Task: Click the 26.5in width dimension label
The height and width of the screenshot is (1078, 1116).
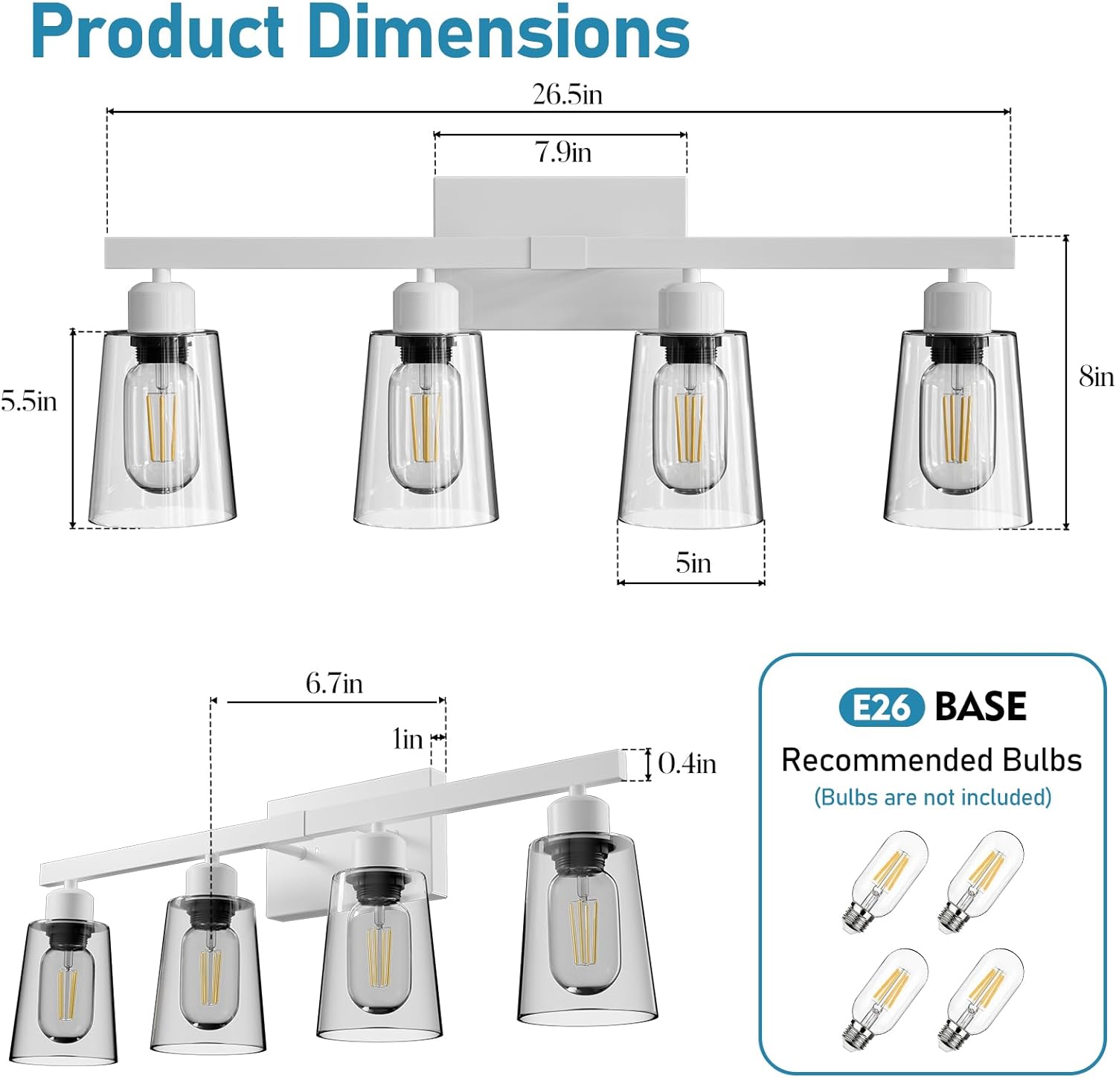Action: [567, 94]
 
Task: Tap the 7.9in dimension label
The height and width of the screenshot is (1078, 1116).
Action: [563, 152]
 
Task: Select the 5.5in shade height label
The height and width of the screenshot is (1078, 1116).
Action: [28, 401]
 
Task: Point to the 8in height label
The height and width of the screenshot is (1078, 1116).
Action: [1096, 377]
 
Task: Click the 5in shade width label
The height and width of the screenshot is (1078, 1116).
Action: [693, 563]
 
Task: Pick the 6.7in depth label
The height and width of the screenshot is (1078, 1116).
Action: [334, 683]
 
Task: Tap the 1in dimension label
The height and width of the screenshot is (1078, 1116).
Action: [407, 739]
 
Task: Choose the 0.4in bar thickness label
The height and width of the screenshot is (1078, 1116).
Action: [687, 763]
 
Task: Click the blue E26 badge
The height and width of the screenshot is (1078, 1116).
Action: [881, 708]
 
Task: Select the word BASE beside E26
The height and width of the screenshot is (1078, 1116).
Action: [981, 707]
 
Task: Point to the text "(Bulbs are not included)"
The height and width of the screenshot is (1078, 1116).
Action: [932, 798]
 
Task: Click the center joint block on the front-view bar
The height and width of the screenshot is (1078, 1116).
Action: [558, 253]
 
